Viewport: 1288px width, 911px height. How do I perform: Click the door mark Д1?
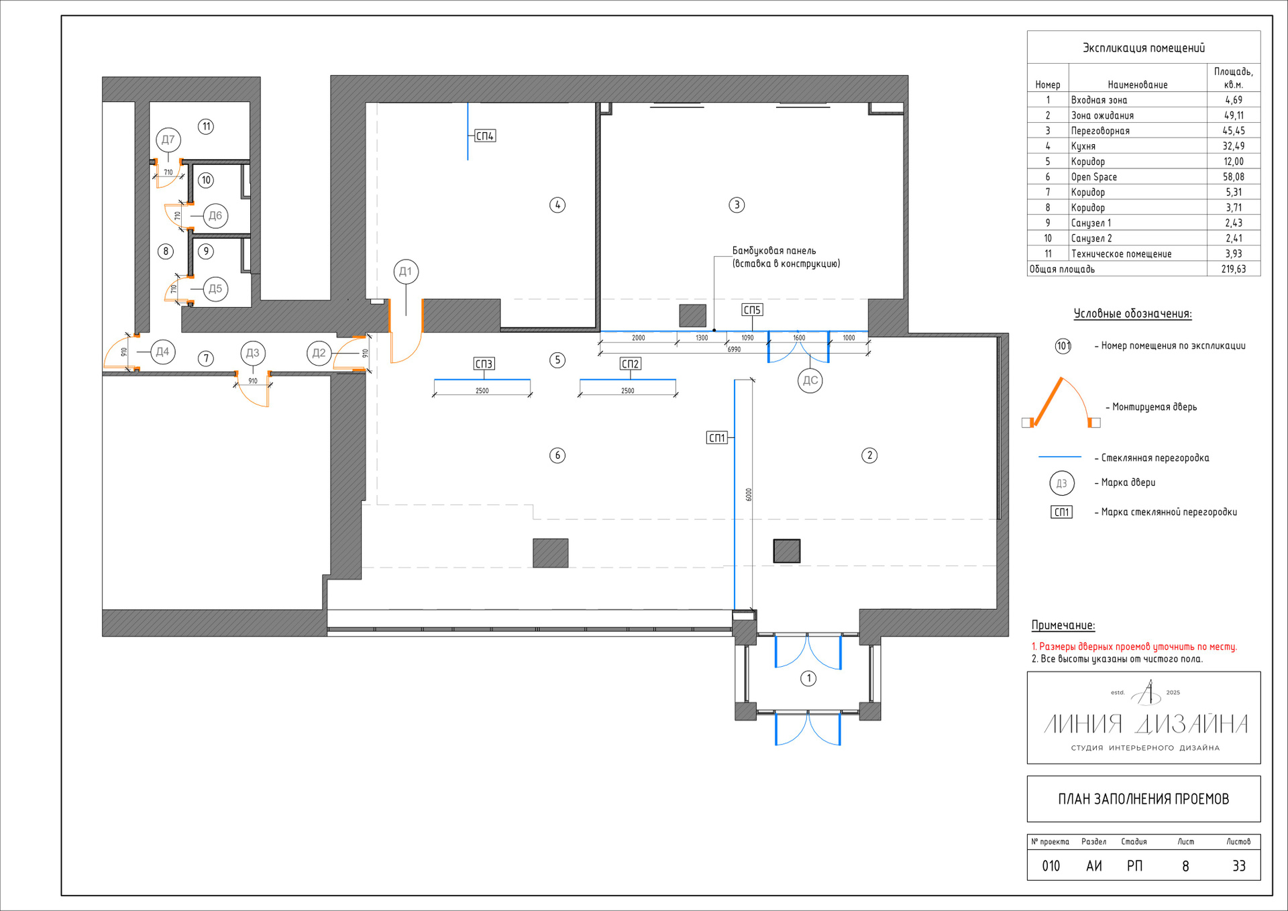point(406,272)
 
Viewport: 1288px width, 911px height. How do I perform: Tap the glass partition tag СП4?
point(485,136)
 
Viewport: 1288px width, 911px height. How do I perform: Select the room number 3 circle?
point(737,205)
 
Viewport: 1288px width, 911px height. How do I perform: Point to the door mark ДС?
point(810,380)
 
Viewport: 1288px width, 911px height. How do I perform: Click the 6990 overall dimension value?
point(735,350)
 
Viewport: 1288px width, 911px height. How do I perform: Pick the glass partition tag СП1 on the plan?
point(717,438)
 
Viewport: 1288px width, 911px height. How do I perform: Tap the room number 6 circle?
point(557,455)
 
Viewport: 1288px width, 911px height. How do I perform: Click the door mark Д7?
point(168,140)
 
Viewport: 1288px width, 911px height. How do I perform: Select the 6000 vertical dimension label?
point(749,494)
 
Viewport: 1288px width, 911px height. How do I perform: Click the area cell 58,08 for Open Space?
point(1234,177)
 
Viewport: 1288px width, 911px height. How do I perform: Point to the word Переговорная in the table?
point(1100,131)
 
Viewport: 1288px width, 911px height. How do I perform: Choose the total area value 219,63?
point(1234,269)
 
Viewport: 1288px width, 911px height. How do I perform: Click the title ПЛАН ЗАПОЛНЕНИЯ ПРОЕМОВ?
point(1144,799)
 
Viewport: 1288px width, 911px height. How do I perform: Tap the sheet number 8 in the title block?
point(1185,866)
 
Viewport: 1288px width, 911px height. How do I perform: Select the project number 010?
point(1051,866)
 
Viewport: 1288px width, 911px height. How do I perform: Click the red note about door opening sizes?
point(1134,647)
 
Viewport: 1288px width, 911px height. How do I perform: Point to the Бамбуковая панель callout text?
point(786,257)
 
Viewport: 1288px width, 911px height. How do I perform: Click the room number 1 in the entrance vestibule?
point(809,678)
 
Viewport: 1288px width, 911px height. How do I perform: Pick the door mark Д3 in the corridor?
point(253,353)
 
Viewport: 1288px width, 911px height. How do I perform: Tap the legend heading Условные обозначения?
point(1133,313)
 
